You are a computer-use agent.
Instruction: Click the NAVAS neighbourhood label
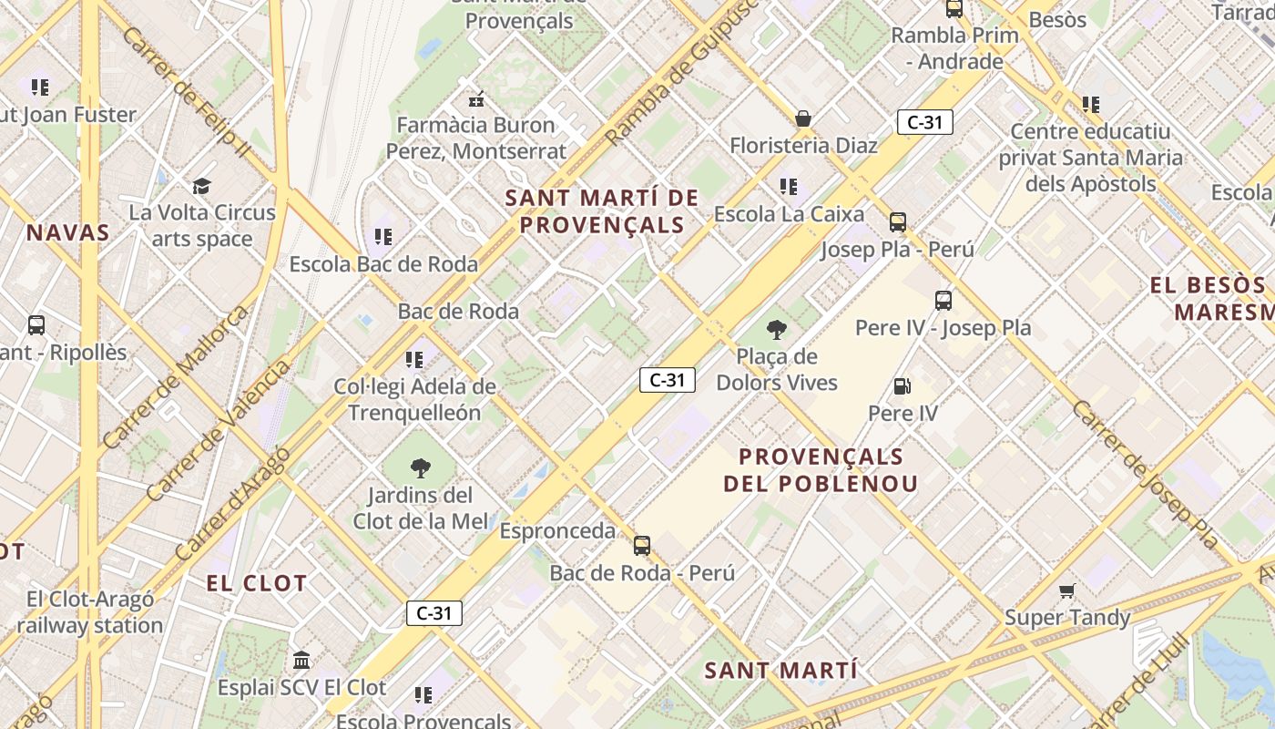pyautogui.click(x=67, y=232)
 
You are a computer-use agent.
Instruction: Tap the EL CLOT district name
pyautogui.click(x=256, y=583)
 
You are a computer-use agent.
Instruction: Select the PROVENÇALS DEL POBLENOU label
pyautogui.click(x=821, y=469)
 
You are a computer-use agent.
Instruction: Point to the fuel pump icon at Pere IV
pyautogui.click(x=902, y=386)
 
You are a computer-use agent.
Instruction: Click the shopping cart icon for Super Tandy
pyautogui.click(x=1067, y=590)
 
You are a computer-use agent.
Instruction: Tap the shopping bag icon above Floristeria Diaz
pyautogui.click(x=803, y=118)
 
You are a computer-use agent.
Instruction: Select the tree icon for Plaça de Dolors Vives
pyautogui.click(x=777, y=330)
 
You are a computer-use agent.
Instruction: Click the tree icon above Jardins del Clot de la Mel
pyautogui.click(x=420, y=468)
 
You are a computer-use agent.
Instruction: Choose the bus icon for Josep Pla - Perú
pyautogui.click(x=898, y=222)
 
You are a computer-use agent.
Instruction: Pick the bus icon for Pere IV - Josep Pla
pyautogui.click(x=943, y=301)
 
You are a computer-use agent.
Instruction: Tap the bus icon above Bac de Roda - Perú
pyautogui.click(x=642, y=546)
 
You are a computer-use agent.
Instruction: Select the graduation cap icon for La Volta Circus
pyautogui.click(x=201, y=186)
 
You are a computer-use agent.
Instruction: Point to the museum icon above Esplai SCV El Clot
pyautogui.click(x=301, y=660)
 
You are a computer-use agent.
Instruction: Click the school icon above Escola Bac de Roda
pyautogui.click(x=383, y=237)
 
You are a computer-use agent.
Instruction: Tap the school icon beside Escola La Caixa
pyautogui.click(x=789, y=187)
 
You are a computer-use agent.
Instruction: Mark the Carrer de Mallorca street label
pyautogui.click(x=176, y=377)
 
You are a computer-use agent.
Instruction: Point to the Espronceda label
pyautogui.click(x=557, y=530)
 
